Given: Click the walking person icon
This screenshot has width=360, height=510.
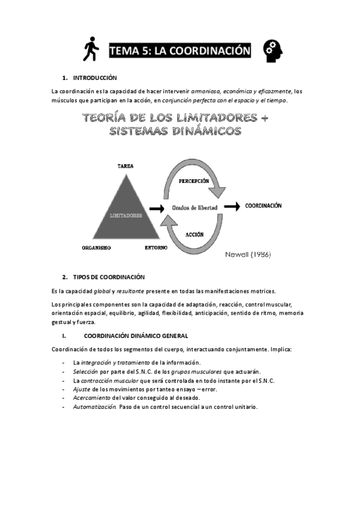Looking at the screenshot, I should [x=91, y=50].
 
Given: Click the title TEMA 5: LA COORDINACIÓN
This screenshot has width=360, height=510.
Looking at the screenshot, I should [x=180, y=51].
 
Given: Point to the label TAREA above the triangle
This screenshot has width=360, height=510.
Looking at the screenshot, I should [x=126, y=165].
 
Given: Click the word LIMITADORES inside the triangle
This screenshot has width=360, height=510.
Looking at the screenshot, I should [x=126, y=215].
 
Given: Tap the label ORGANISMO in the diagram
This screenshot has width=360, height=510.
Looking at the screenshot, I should [x=98, y=247].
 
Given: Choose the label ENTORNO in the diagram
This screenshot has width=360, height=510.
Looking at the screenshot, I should [x=156, y=247].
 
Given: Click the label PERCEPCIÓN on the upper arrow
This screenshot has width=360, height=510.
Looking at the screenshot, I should [x=194, y=180].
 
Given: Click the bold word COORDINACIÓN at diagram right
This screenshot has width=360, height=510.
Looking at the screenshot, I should [x=263, y=206].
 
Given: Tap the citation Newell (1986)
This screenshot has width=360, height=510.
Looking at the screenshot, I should [x=248, y=254].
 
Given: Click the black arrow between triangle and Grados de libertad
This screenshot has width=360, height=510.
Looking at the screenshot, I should [x=156, y=208].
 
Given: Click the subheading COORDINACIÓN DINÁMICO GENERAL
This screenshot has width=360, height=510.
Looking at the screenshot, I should [x=136, y=336].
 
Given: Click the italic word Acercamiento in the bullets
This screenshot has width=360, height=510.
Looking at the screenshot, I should [x=92, y=398].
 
